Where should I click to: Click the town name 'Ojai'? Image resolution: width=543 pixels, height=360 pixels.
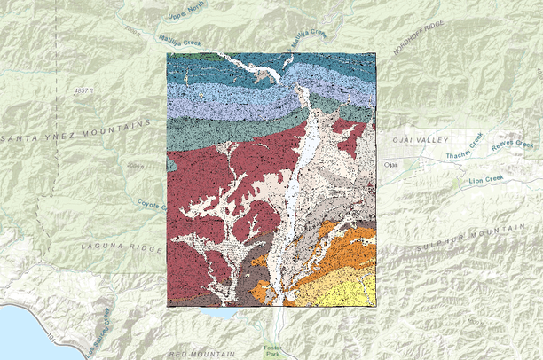coord(389,165)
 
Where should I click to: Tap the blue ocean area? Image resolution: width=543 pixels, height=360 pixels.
coord(22,333)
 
